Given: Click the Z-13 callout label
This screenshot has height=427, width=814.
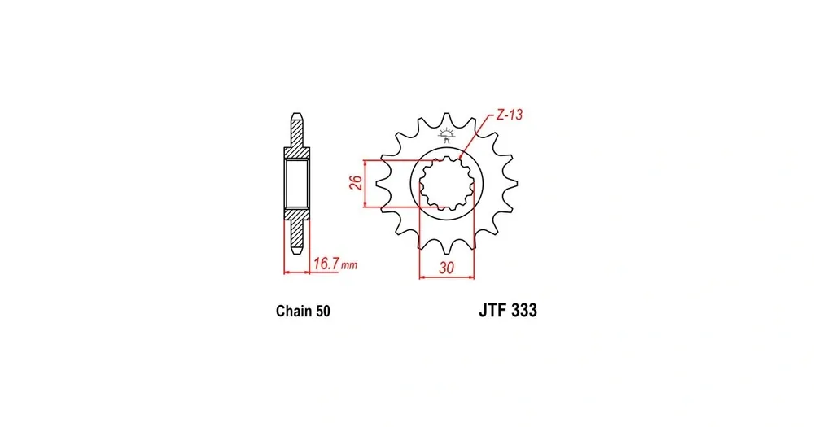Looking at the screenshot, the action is (x=509, y=115).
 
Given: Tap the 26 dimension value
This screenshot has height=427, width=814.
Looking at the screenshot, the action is (x=356, y=183).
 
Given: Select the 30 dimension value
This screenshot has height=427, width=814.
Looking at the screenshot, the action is (x=446, y=268).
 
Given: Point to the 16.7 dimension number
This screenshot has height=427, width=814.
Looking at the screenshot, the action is (x=326, y=264).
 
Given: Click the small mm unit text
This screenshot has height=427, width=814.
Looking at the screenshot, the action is (x=349, y=265).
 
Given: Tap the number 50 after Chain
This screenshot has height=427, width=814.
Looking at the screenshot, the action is (x=322, y=311).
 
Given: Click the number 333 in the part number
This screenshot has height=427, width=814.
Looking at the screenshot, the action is (x=523, y=310).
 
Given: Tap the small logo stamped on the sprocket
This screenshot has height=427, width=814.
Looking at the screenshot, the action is (x=446, y=134).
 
